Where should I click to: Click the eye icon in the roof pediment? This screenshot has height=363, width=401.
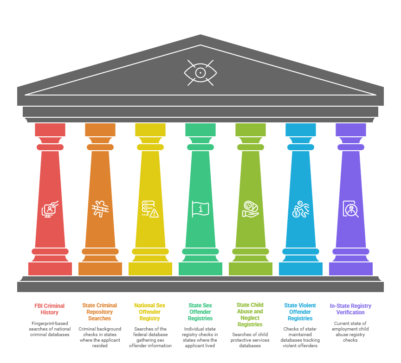point(200,73)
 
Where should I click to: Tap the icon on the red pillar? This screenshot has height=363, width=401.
point(50,209)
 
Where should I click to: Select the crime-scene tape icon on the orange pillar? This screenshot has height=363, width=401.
point(100,209)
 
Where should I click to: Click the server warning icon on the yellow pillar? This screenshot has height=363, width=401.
point(150,209)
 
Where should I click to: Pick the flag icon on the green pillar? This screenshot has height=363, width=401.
point(200,209)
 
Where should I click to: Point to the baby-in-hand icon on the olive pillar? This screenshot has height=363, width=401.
point(251,209)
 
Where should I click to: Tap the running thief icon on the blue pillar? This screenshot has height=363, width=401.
point(301,209)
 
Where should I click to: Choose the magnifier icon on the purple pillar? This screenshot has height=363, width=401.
point(350,209)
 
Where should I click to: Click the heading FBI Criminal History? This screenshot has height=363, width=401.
point(50,309)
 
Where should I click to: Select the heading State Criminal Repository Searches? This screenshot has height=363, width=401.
point(100,312)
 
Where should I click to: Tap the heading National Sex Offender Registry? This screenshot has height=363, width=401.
point(150,312)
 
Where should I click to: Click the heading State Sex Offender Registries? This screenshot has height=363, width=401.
point(200,312)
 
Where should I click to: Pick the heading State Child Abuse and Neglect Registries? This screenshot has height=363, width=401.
point(250,315)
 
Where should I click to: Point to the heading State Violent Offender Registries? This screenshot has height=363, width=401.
point(300,312)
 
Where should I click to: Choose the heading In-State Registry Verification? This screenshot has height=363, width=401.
point(350,309)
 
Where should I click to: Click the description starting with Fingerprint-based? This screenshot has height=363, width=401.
point(50,329)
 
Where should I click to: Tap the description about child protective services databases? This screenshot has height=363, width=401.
point(250,340)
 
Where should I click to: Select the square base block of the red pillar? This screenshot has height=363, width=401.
point(50,269)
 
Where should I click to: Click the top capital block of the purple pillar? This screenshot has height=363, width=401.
point(351,130)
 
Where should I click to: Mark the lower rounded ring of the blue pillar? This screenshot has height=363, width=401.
point(301,251)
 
